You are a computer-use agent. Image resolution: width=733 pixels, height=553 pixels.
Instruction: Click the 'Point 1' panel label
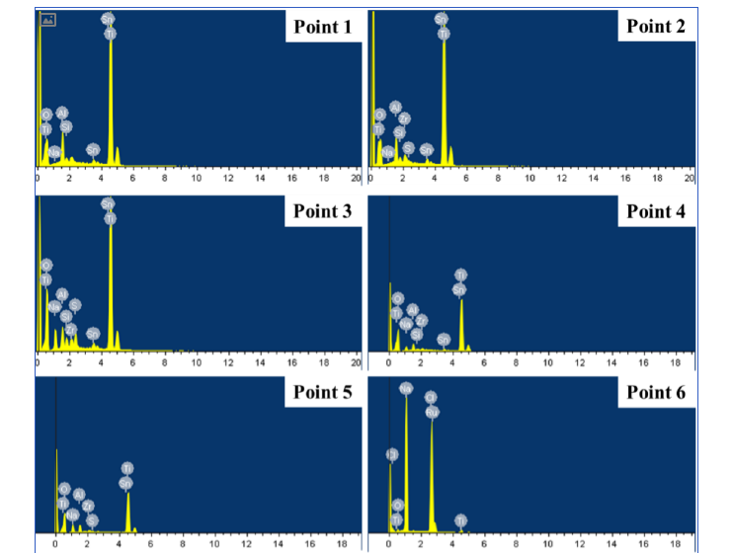click(x=322, y=27)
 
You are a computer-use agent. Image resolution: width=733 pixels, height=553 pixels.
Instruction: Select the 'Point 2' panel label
click(x=655, y=27)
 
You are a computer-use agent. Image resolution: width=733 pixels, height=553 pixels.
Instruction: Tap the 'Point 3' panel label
click(x=322, y=210)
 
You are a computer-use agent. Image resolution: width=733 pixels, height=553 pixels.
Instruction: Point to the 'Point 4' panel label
click(x=655, y=211)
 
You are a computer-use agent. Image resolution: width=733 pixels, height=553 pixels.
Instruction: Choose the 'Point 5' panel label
click(x=322, y=392)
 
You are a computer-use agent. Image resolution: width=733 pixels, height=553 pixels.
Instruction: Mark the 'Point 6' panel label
click(x=655, y=393)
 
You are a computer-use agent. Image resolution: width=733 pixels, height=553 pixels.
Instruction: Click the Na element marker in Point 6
click(x=406, y=388)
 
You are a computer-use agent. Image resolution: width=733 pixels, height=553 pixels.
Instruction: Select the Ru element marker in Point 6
click(x=432, y=411)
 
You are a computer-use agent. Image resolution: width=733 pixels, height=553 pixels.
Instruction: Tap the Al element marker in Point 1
click(x=62, y=114)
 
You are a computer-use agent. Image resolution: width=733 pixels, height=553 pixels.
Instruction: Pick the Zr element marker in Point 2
click(x=404, y=119)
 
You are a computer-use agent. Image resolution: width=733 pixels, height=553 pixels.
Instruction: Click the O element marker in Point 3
click(x=45, y=266)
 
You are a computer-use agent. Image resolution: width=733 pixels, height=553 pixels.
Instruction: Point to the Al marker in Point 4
click(x=412, y=310)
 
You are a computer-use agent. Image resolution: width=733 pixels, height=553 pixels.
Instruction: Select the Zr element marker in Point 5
click(x=87, y=506)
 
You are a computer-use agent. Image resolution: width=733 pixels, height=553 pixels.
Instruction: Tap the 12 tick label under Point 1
click(x=228, y=179)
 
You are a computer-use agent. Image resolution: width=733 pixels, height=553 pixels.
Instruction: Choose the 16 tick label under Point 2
click(x=625, y=179)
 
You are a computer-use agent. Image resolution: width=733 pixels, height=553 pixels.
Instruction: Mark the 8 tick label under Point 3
click(x=164, y=362)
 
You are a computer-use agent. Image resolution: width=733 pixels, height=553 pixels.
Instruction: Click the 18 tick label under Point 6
click(x=675, y=543)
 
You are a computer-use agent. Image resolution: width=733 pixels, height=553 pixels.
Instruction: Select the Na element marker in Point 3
click(x=53, y=306)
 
